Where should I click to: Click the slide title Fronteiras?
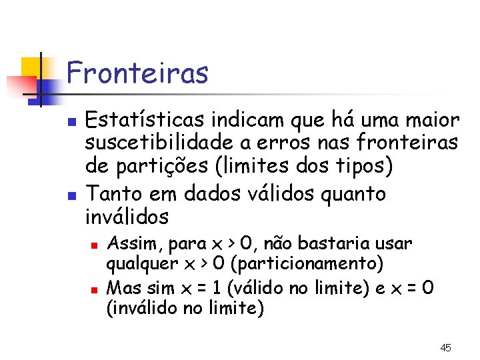137,73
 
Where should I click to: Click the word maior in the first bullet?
434,121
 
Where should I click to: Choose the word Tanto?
109,193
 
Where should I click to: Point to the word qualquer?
138,264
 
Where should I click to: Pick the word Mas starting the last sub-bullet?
120,289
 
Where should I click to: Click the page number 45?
446,347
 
